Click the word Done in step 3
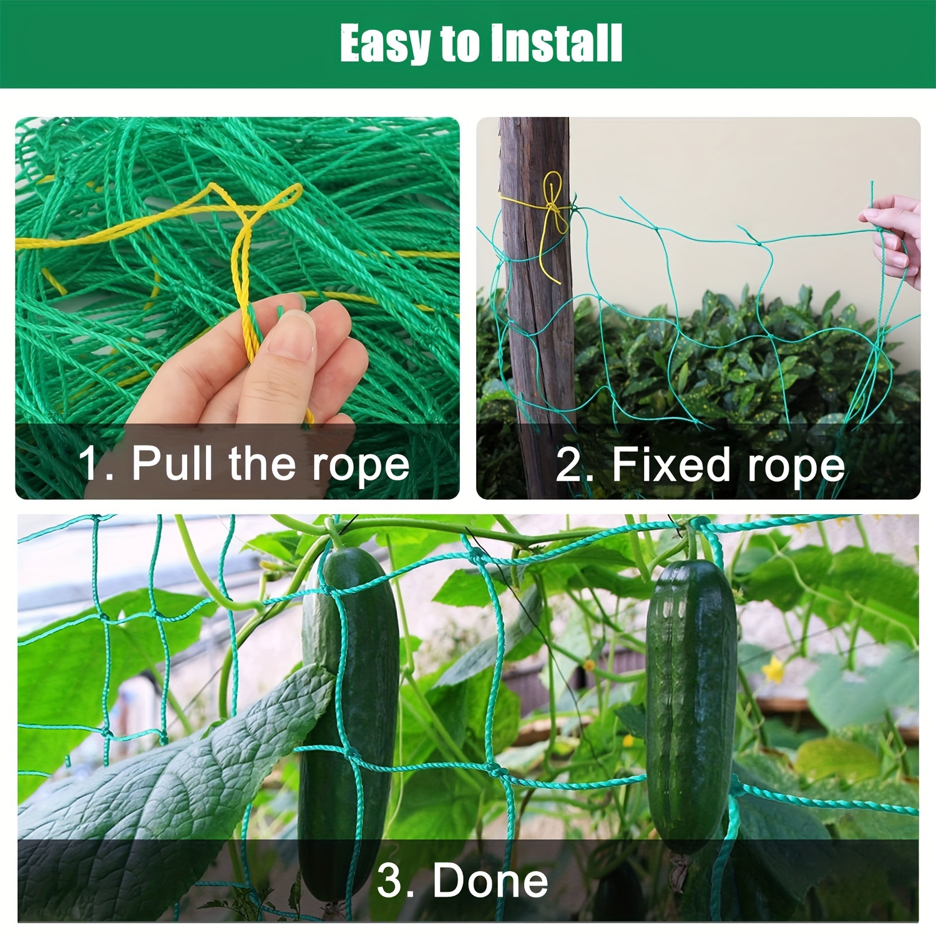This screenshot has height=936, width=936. point(490,880)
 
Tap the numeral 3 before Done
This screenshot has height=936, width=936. point(391,880)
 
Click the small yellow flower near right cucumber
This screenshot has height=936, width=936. point(774,671)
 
